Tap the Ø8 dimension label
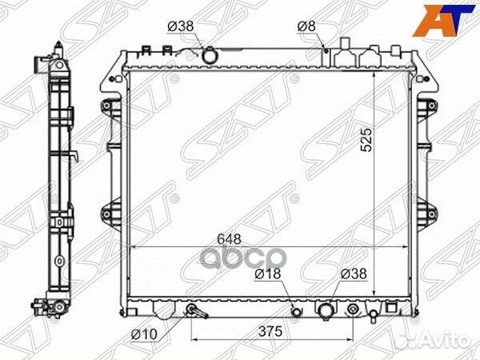(306, 26)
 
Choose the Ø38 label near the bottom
(352, 274)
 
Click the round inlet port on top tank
(209, 56)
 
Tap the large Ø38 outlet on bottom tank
(326, 310)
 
